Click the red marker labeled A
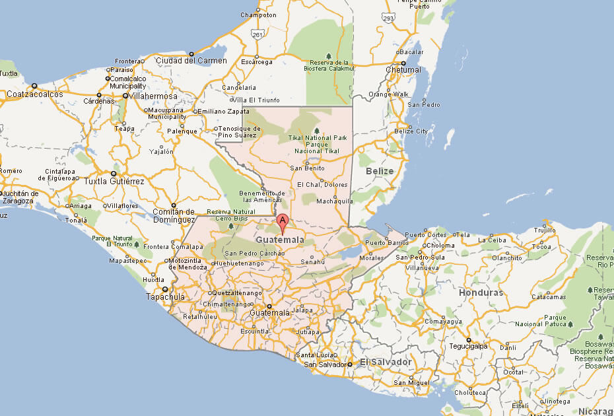click(x=282, y=222)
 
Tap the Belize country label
click(x=380, y=171)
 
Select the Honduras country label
click(x=481, y=293)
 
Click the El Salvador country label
click(x=385, y=362)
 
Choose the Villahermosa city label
click(x=154, y=96)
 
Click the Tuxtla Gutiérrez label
click(x=114, y=181)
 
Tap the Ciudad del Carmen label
click(x=191, y=61)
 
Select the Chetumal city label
click(x=403, y=69)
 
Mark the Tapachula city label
click(x=165, y=296)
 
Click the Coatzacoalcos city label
click(x=34, y=94)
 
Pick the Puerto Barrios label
click(x=384, y=242)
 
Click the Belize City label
click(x=411, y=131)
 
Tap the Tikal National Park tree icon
click(x=317, y=130)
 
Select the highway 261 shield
click(x=256, y=32)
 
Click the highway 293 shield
click(x=390, y=18)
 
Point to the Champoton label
click(x=258, y=15)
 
